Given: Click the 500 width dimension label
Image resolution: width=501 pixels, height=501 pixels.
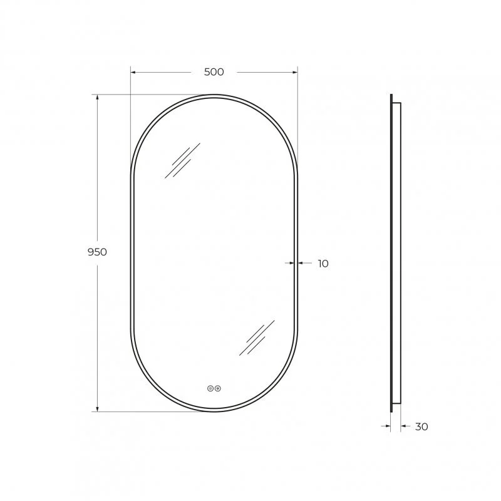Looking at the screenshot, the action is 214,72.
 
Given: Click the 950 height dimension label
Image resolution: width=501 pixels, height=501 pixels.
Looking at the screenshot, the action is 97,252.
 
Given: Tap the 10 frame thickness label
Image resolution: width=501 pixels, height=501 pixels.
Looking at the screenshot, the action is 323,264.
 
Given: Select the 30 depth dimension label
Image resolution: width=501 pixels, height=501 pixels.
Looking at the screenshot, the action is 421,426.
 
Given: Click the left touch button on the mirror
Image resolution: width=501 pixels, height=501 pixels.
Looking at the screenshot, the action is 210,388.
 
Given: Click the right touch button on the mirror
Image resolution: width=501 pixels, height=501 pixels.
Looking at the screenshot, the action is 218,388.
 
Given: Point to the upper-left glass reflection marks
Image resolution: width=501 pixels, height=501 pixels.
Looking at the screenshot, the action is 182,160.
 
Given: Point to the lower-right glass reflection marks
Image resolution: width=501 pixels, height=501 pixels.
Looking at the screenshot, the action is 257,338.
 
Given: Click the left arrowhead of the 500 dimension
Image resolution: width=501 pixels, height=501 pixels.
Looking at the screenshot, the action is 133,73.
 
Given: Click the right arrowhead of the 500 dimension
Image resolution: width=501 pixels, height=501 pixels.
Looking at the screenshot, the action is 294,73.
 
